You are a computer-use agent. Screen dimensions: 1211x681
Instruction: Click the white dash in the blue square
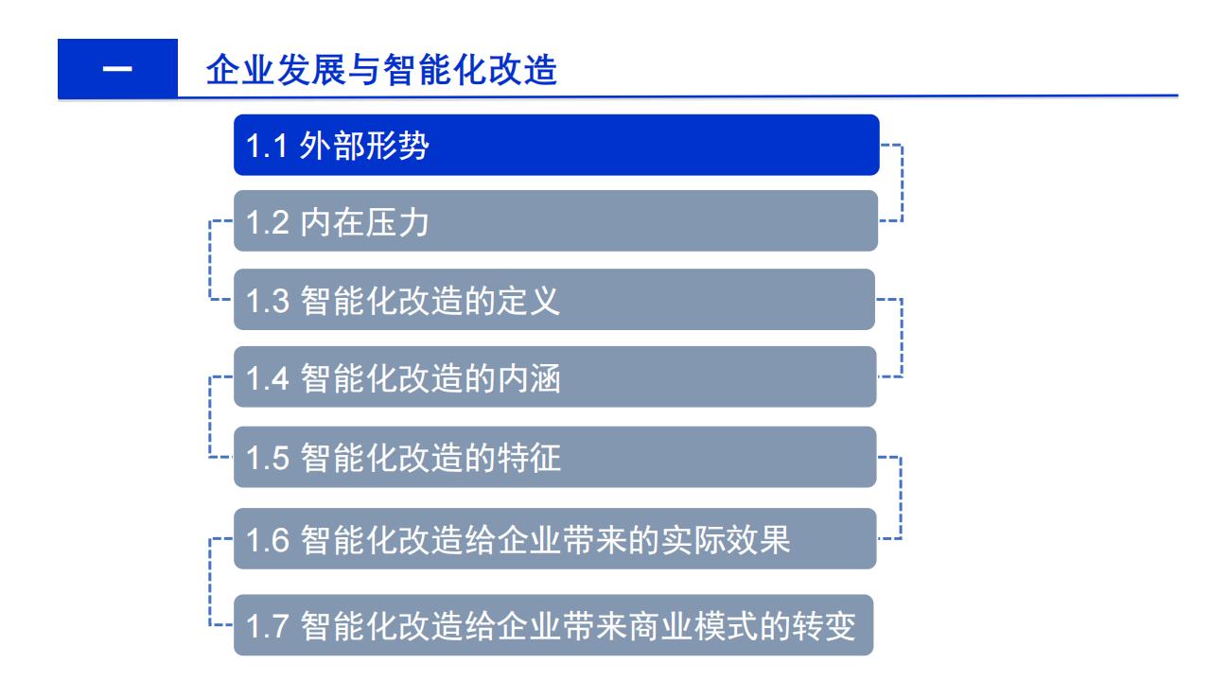click(x=117, y=69)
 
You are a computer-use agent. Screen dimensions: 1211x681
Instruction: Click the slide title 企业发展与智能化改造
click(x=381, y=70)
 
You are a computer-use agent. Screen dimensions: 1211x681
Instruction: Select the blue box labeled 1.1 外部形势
click(x=556, y=145)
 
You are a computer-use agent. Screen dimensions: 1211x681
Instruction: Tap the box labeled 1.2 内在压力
click(x=555, y=220)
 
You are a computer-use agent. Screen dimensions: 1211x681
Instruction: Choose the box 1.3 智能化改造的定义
click(x=554, y=300)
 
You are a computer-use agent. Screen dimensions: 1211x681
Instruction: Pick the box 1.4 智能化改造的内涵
click(x=554, y=376)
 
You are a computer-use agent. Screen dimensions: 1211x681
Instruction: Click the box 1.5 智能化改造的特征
click(x=554, y=457)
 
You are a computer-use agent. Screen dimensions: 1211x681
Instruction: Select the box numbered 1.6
click(x=554, y=538)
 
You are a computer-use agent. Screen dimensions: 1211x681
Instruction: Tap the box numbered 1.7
click(x=553, y=625)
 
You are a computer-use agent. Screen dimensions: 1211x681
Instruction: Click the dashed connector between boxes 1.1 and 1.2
click(x=903, y=183)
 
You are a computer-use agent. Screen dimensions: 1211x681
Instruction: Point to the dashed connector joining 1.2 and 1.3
click(x=210, y=260)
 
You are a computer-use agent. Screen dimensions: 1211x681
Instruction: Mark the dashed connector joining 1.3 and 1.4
click(x=902, y=338)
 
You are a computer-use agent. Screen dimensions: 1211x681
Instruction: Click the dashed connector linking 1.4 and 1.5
click(x=210, y=417)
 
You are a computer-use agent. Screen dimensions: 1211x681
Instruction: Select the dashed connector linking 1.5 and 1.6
click(x=901, y=498)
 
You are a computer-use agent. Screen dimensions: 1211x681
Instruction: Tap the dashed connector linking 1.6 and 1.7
click(x=210, y=582)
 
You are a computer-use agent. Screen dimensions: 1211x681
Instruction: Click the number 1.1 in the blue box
click(x=266, y=146)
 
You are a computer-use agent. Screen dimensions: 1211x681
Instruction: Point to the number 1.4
click(x=267, y=378)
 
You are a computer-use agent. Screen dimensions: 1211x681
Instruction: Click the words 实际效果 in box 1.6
click(x=726, y=539)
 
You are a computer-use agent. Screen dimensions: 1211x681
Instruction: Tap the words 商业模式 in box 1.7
click(x=693, y=626)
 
